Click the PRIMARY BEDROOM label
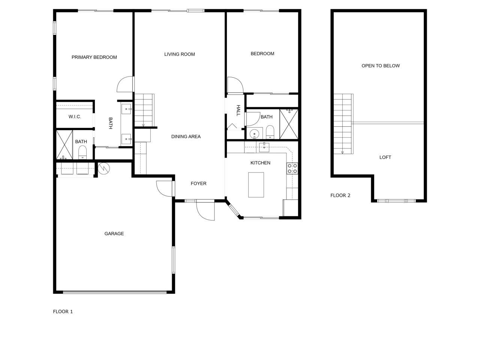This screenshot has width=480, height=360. click(94, 57)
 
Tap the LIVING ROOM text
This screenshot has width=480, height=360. click(180, 54)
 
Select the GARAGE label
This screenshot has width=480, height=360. click(114, 234)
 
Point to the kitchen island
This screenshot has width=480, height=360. click(256, 184)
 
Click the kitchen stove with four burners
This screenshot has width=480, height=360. click(292, 168)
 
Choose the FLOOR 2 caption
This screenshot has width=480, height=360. click(340, 195)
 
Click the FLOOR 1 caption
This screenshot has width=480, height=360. click(63, 312)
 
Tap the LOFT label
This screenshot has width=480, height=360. click(385, 157)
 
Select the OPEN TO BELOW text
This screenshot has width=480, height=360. click(381, 66)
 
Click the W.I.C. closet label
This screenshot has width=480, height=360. click(75, 117)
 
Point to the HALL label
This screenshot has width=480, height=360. click(238, 110)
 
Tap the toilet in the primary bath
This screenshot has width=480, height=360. click(82, 152)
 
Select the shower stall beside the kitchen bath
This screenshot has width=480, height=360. click(289, 124)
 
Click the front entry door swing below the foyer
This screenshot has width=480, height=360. click(204, 211)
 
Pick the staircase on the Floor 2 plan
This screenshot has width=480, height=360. click(343, 124)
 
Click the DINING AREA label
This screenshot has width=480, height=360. click(186, 136)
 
